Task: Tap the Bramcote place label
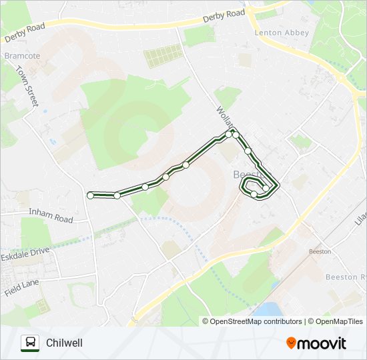(x=22, y=56)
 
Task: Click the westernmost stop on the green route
(x=90, y=195)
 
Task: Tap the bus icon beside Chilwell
(x=29, y=343)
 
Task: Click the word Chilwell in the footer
(x=65, y=343)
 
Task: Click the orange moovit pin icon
(x=292, y=343)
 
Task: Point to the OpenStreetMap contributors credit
(x=256, y=321)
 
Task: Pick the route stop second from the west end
(x=117, y=195)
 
